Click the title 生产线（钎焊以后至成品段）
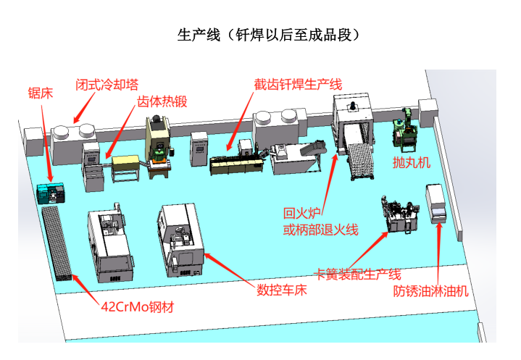pos(268,35)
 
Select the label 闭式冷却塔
pos(107,83)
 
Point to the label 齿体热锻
pos(162,101)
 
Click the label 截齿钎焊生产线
pos(298,83)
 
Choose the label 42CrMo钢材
pos(137,306)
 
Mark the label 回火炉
pos(300,213)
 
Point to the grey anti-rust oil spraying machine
pos(436,202)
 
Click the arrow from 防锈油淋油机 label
pos(438,254)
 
